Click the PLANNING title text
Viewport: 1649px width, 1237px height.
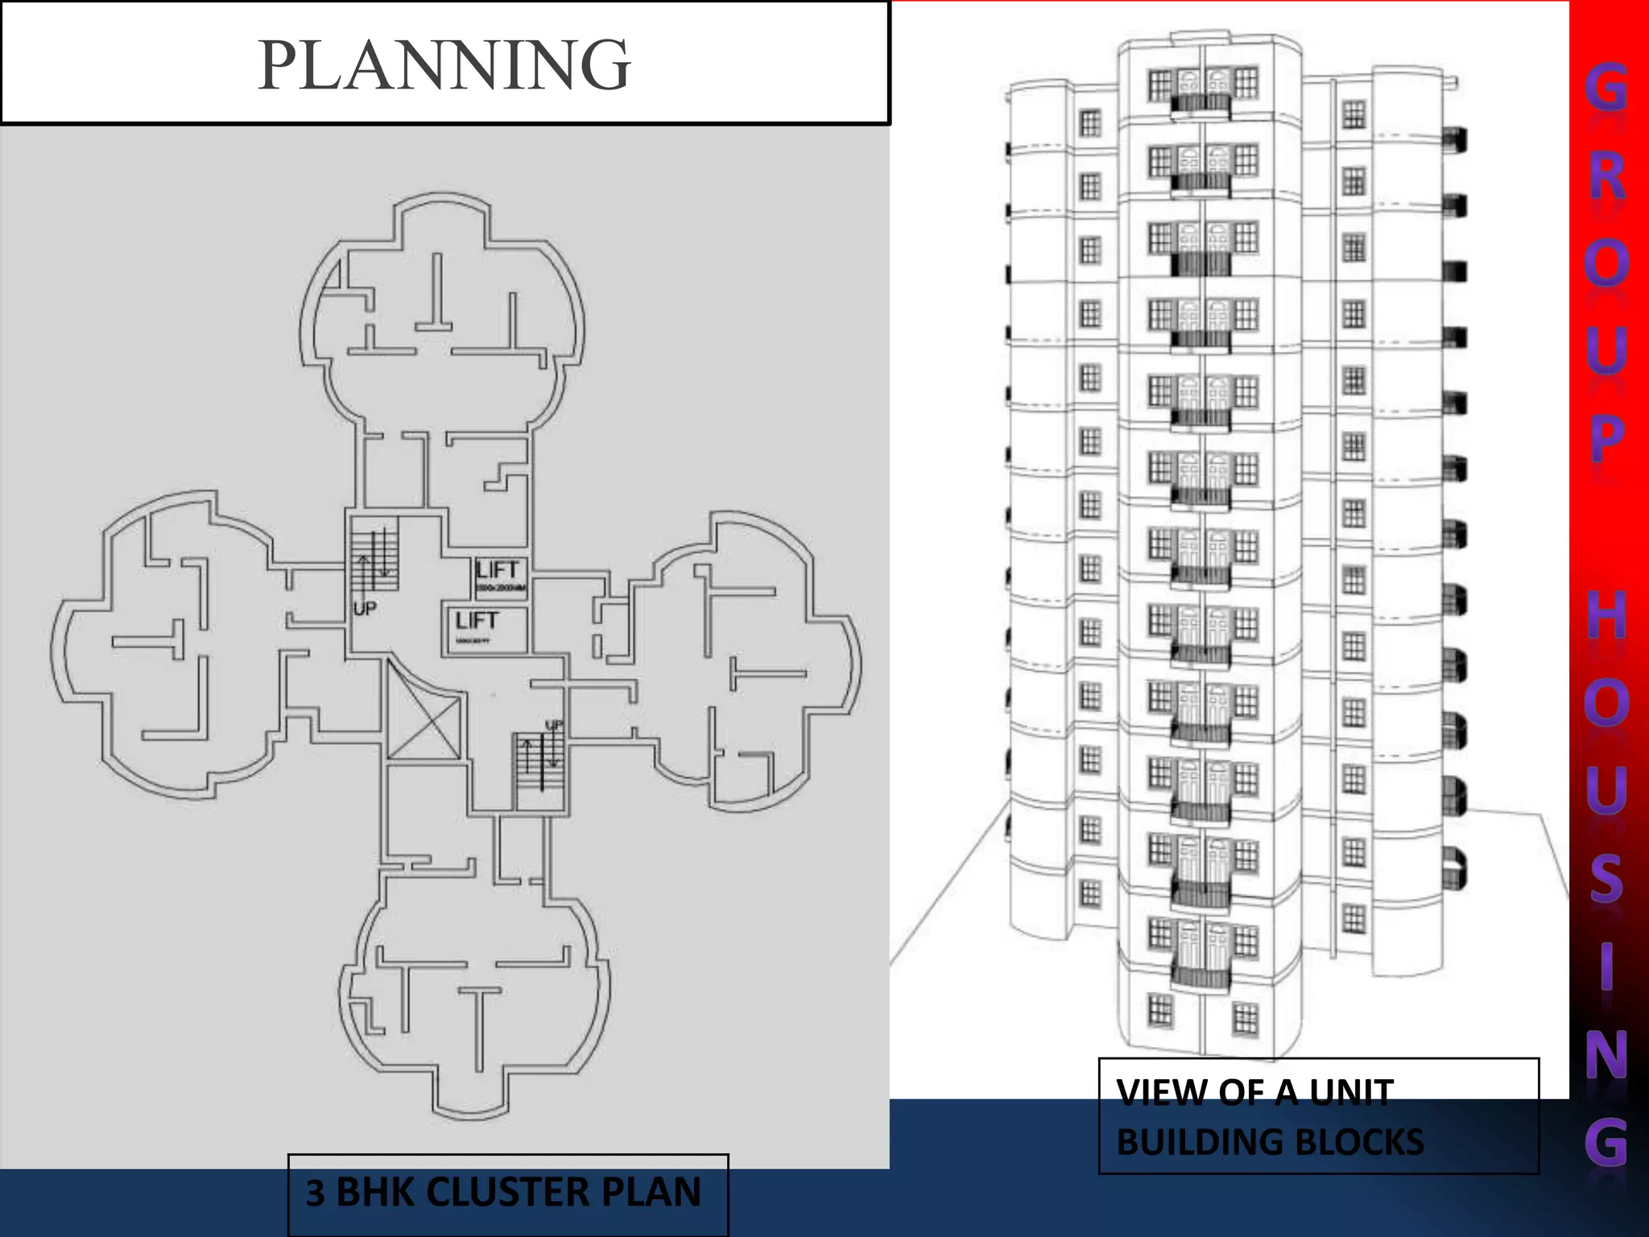tap(444, 64)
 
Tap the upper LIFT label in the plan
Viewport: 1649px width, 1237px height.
tap(497, 570)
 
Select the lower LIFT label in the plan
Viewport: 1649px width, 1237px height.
tap(477, 621)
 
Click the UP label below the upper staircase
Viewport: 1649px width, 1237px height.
tap(365, 609)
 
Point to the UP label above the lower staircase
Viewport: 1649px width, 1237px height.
tap(555, 726)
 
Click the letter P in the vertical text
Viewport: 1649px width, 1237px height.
tap(1607, 439)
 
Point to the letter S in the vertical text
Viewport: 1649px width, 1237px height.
tap(1607, 878)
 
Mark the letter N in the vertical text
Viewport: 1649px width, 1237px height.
tap(1607, 1054)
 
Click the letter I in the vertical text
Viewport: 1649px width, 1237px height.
tap(1607, 966)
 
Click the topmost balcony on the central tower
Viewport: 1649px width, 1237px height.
tap(1201, 103)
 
